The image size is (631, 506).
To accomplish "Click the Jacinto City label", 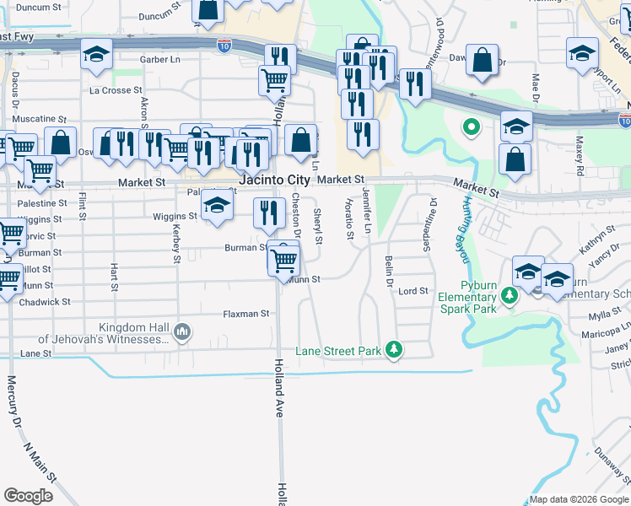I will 274,180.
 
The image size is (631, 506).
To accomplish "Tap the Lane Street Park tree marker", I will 392,349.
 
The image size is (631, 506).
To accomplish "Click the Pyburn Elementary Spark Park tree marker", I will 509,296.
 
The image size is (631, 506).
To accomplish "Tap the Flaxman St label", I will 245,314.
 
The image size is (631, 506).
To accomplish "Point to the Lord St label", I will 413,291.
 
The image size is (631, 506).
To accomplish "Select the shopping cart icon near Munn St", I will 284,258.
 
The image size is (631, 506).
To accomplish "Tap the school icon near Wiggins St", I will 218,206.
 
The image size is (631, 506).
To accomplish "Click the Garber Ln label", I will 160,60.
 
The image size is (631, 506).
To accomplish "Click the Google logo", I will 28,495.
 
